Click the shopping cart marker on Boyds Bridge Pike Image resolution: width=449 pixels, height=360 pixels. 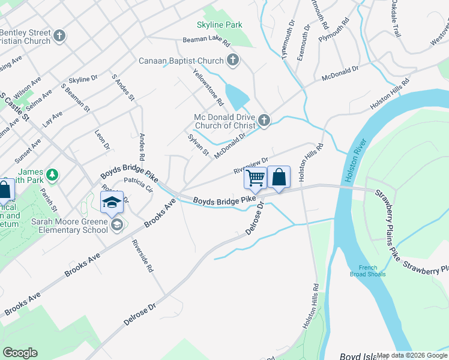[x=256, y=178]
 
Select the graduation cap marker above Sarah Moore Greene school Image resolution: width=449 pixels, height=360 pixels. [x=112, y=202]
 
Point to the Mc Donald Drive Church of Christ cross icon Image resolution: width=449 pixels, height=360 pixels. [x=264, y=121]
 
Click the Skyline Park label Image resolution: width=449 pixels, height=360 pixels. [x=220, y=25]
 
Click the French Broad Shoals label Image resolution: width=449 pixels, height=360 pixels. [x=368, y=271]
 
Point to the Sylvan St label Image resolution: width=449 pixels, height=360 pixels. [x=198, y=146]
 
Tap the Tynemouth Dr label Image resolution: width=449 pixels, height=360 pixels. [x=289, y=40]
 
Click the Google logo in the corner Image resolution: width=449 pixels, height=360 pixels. [x=20, y=353]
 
